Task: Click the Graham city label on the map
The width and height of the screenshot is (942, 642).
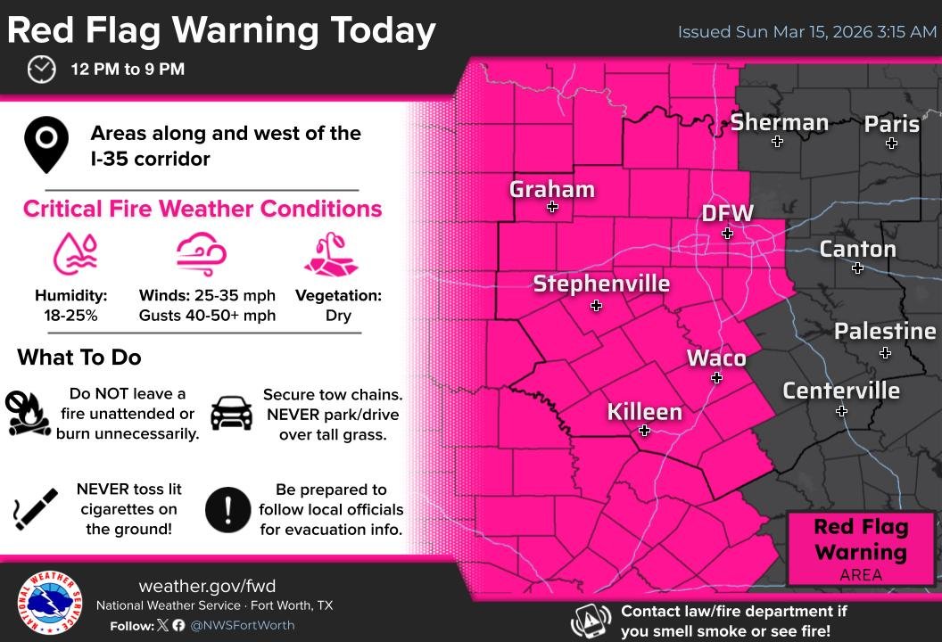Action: point(551,189)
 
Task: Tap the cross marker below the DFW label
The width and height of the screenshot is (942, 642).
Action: point(727,234)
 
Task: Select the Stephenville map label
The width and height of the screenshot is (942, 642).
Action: point(601,284)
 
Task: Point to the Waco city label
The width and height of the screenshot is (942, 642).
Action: point(715,358)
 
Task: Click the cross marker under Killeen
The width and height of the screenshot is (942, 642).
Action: point(644,431)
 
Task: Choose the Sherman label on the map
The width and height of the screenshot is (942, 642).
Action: point(779,122)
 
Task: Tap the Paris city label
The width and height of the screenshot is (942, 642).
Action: point(891,123)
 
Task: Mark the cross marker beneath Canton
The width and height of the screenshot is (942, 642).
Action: point(857,268)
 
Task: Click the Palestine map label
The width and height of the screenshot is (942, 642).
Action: point(884,332)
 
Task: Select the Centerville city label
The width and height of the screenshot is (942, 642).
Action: point(840,391)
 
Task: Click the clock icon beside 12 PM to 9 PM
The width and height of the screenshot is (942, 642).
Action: point(41,69)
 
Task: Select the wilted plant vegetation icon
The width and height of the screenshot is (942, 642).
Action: point(331,255)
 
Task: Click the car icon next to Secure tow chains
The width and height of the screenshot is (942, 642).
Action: point(231,413)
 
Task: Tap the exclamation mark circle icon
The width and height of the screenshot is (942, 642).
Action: point(227,509)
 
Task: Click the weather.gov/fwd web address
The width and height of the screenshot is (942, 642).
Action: point(207,586)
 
